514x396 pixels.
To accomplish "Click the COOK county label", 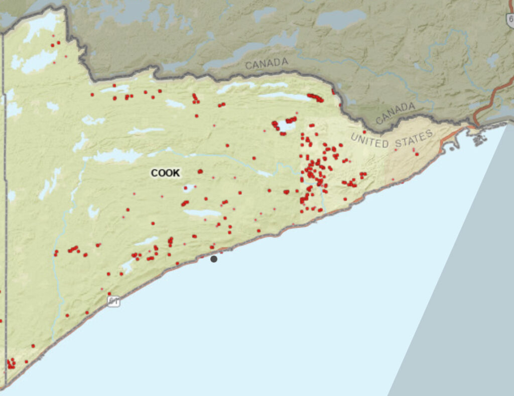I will point(165,173).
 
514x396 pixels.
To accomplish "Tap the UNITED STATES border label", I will point(392,139).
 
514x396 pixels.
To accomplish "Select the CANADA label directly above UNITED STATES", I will point(396,113).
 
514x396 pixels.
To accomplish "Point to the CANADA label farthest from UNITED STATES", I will point(267,64).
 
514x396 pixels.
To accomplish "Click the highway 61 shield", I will point(113,301).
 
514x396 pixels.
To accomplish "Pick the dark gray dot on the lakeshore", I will point(214,259).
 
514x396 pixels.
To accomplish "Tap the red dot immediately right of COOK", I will point(200,171).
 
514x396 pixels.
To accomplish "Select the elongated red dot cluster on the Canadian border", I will point(315,97).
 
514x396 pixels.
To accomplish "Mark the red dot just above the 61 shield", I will point(109,294).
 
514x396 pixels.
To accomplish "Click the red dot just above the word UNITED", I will point(364,132).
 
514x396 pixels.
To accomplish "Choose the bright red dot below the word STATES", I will point(417,154).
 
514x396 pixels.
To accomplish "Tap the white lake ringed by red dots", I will point(286,125).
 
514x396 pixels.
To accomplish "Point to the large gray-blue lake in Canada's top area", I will point(341,19).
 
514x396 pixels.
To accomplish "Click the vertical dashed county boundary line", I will point(4,201).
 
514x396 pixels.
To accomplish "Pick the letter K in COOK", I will point(176,173).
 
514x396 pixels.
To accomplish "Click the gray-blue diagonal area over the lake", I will point(462,281).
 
